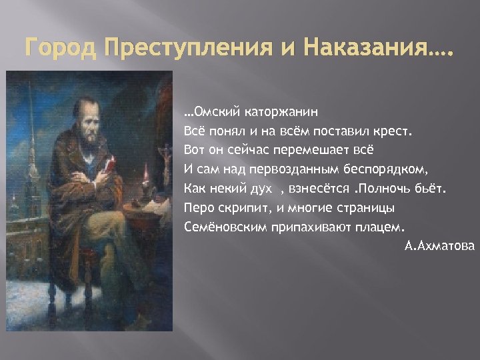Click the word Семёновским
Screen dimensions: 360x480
pos(225,227)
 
